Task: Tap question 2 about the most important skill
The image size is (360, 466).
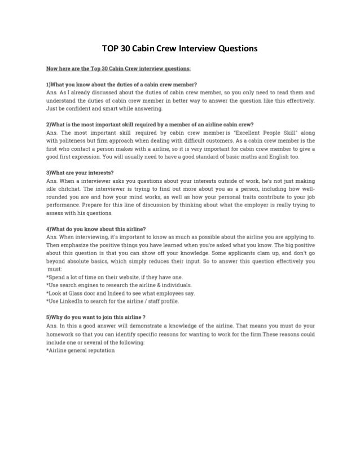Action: coord(150,124)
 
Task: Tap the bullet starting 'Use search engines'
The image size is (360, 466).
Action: coord(121,285)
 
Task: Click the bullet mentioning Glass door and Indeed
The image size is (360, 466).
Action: coord(121,293)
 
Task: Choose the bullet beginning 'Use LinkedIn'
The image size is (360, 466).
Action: coord(113,301)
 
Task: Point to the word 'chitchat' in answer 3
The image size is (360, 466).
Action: coord(74,187)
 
